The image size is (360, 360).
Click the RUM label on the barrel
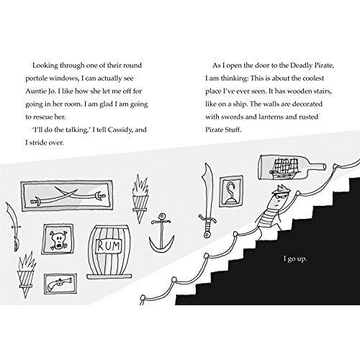point(109,246)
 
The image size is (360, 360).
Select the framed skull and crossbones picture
point(58,239)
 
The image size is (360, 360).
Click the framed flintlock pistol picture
point(60,284)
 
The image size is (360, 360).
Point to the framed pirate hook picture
point(231,191)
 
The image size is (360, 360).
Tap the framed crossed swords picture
point(67,196)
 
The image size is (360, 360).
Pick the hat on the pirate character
point(282,189)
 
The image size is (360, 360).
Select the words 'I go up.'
point(295,259)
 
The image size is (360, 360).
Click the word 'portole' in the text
point(37,78)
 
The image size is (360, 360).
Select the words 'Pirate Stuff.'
point(223,130)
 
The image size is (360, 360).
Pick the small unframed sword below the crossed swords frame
point(13,226)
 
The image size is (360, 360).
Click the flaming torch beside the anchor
point(140,199)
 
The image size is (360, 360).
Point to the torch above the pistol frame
point(27,275)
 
